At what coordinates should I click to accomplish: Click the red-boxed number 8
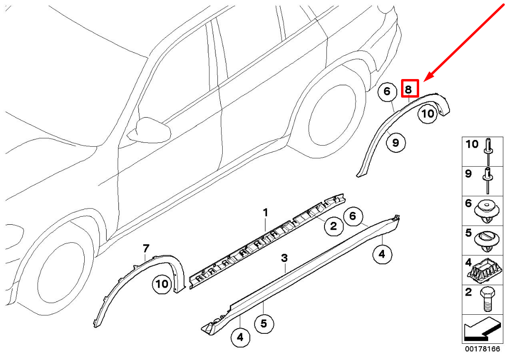click(x=408, y=89)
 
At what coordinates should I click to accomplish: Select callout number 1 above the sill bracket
click(x=265, y=213)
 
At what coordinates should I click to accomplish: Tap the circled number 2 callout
click(x=333, y=226)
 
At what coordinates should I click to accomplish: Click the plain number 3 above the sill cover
click(x=284, y=259)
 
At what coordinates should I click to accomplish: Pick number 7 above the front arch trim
click(x=146, y=249)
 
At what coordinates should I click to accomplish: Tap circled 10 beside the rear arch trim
click(x=427, y=114)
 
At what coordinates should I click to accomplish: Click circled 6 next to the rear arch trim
click(x=387, y=91)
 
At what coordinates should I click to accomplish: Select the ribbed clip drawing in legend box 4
click(x=482, y=270)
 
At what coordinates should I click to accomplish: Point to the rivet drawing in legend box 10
click(x=489, y=152)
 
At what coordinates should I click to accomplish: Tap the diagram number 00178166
click(x=482, y=349)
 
